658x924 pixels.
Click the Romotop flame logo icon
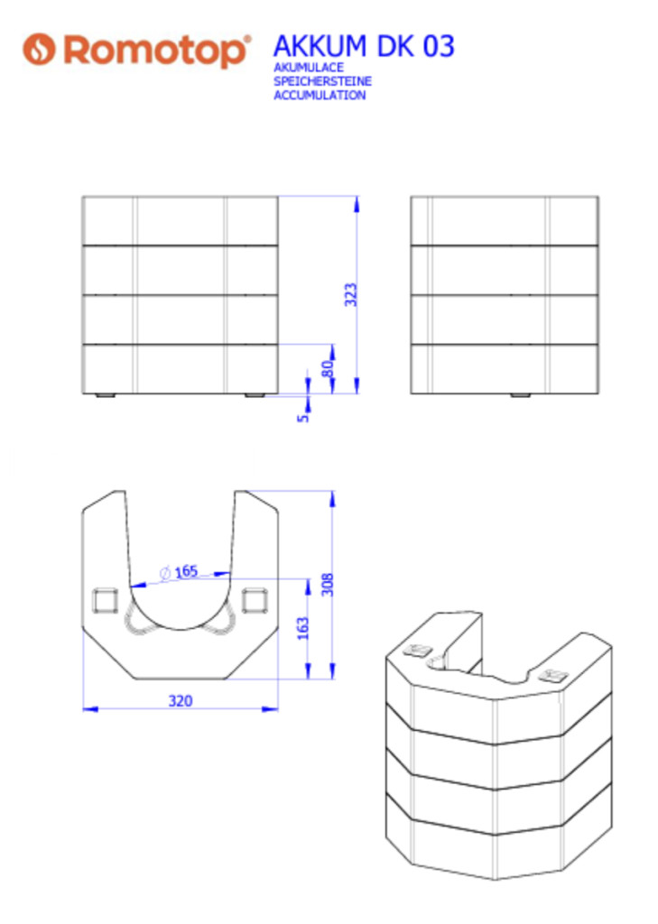[x=39, y=49]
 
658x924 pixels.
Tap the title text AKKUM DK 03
[x=364, y=46]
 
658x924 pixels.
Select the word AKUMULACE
[x=309, y=68]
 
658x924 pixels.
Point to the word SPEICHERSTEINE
[x=322, y=81]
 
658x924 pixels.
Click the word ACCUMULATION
[x=320, y=95]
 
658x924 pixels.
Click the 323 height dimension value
[x=351, y=295]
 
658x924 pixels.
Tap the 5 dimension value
[x=302, y=418]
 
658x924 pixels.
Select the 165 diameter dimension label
[x=180, y=571]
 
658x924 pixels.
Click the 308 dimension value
[x=328, y=584]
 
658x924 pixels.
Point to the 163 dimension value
[x=302, y=629]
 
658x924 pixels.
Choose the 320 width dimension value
[x=181, y=700]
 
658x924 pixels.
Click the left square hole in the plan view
[x=106, y=600]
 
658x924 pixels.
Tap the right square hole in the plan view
[x=255, y=600]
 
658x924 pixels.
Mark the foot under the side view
[x=521, y=395]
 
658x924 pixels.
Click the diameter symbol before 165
[x=165, y=573]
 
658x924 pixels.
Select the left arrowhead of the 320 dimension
[x=90, y=709]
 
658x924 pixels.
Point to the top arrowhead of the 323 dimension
[x=357, y=204]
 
